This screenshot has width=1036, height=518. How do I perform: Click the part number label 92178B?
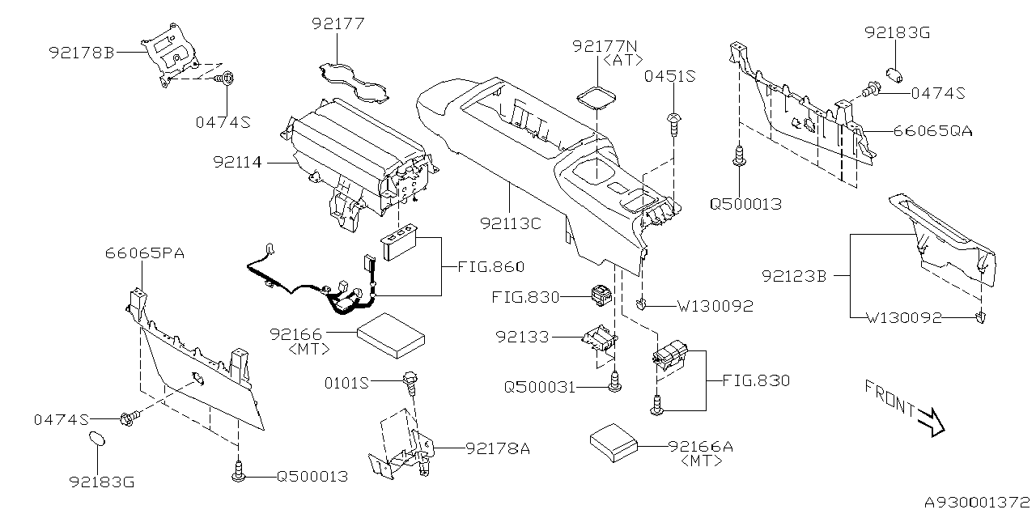(x=82, y=53)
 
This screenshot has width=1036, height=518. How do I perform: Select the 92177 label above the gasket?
(x=340, y=24)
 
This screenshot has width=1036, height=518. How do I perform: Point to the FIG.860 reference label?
(x=490, y=266)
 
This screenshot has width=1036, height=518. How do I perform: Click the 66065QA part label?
(x=932, y=130)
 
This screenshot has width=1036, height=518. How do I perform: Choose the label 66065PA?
(x=145, y=253)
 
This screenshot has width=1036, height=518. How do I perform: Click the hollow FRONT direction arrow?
(x=931, y=420)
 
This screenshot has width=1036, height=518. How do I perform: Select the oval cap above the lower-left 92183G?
(x=96, y=439)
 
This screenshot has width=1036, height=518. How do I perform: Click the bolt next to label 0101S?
(x=410, y=381)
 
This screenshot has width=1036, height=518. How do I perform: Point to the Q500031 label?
(x=540, y=388)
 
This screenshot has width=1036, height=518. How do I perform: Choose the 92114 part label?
(x=238, y=162)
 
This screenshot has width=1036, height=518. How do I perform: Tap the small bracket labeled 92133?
(x=600, y=338)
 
